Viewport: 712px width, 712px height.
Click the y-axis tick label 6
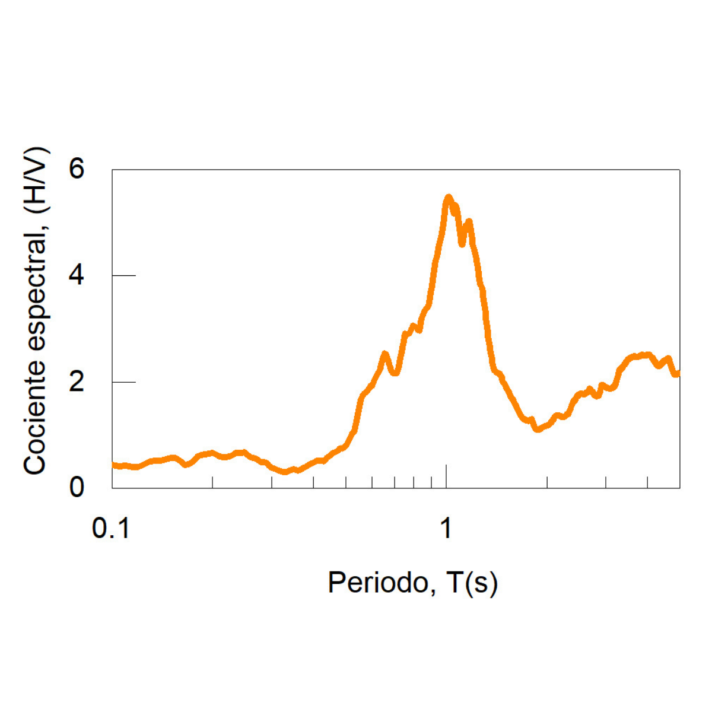pos(77,170)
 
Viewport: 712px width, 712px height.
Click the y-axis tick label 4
pos(77,276)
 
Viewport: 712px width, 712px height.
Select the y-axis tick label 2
pos(77,382)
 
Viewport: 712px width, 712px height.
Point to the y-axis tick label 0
pos(77,488)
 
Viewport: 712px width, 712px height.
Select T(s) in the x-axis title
pos(472,583)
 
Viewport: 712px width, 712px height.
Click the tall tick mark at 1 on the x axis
pos(446,476)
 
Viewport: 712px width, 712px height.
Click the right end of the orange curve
pos(678,374)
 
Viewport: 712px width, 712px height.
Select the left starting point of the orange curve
pos(113,465)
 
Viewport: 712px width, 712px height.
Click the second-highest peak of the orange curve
pos(469,221)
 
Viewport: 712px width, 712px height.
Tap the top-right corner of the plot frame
pos(680,170)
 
